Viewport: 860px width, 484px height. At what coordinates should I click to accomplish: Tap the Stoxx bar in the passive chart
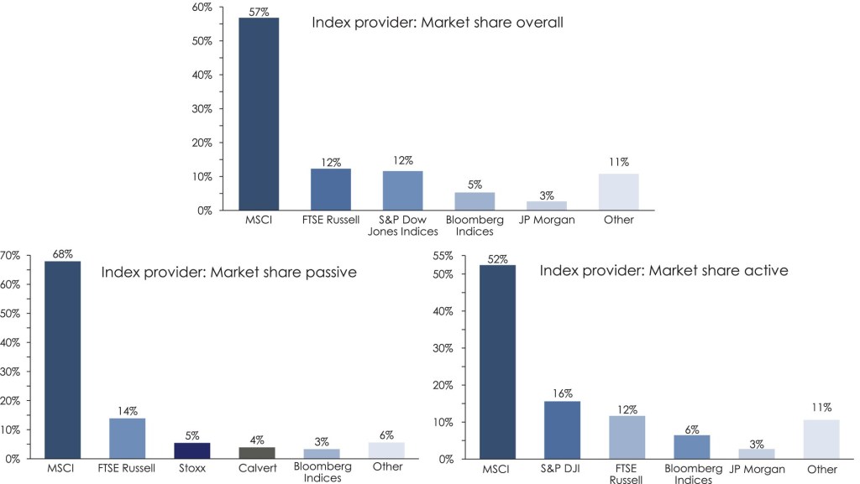tap(191, 450)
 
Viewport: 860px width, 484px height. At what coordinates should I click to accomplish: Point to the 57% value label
tap(259, 11)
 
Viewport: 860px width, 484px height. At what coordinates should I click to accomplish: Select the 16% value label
tap(562, 393)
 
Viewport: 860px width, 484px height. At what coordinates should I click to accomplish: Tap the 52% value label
tap(497, 259)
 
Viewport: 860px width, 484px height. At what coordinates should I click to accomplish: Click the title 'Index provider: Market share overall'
tap(437, 23)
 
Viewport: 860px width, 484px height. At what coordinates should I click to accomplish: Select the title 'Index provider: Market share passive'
tap(229, 272)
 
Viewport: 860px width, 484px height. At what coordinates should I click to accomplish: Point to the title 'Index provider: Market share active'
tap(663, 270)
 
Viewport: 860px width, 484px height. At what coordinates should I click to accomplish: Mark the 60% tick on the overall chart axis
tap(201, 7)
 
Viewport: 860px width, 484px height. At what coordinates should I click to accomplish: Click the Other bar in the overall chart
tap(618, 192)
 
